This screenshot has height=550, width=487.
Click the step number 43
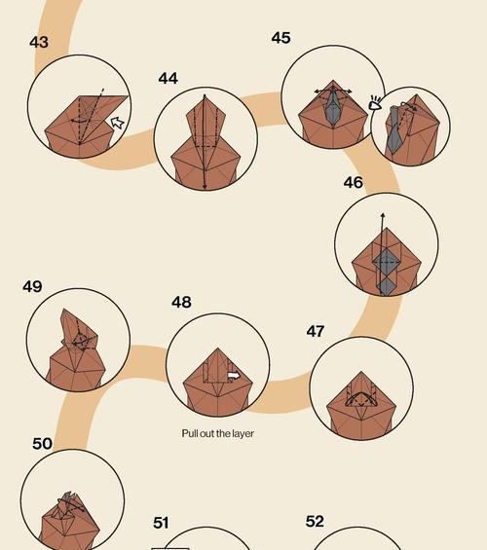(39, 42)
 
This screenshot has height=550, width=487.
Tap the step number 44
(169, 78)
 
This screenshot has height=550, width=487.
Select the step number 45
(281, 38)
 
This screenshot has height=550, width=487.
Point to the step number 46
(353, 182)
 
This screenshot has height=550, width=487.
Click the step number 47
(316, 331)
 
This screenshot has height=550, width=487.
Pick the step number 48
(181, 302)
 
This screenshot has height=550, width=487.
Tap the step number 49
(32, 286)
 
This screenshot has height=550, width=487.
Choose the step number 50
(42, 444)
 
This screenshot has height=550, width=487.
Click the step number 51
(161, 523)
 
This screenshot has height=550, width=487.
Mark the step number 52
(315, 522)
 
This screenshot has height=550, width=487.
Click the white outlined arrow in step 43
(118, 123)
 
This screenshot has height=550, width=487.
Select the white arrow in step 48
(234, 376)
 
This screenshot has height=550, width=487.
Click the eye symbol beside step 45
(375, 103)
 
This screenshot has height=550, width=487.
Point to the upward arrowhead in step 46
(383, 215)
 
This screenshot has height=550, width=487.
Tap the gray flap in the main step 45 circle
(332, 107)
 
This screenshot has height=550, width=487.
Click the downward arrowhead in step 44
(205, 187)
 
